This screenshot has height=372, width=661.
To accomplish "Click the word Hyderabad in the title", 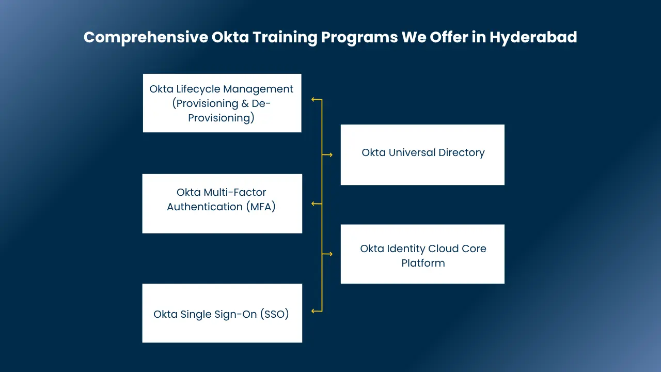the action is [x=533, y=38].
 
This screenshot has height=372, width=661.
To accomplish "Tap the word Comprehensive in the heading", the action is [x=146, y=38].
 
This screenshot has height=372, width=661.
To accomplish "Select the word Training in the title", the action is [x=285, y=38].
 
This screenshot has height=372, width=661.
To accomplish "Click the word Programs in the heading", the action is [x=359, y=38].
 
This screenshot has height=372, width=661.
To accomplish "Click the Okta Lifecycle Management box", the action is [x=222, y=103].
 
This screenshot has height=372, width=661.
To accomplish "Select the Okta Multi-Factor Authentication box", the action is [x=222, y=204].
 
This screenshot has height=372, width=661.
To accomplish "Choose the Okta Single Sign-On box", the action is [x=222, y=313].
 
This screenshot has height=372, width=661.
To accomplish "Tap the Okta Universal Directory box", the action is [x=422, y=154].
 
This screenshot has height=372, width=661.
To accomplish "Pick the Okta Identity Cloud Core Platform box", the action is [x=422, y=254].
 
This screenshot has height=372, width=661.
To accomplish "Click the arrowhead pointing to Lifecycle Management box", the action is [x=313, y=100].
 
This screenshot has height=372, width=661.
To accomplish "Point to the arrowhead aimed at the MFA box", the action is [x=313, y=204].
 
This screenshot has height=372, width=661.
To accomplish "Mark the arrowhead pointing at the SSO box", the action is [x=313, y=311].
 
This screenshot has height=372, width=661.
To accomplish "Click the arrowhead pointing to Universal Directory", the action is [x=331, y=154].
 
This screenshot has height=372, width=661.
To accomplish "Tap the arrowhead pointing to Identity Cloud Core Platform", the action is [x=331, y=254].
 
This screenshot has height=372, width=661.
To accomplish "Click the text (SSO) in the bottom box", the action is [x=274, y=314].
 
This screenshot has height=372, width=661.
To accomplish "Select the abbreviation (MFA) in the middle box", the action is [x=261, y=207].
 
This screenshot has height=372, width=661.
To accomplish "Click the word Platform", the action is [x=423, y=263].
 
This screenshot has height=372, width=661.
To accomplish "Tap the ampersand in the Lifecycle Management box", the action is [x=245, y=104].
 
